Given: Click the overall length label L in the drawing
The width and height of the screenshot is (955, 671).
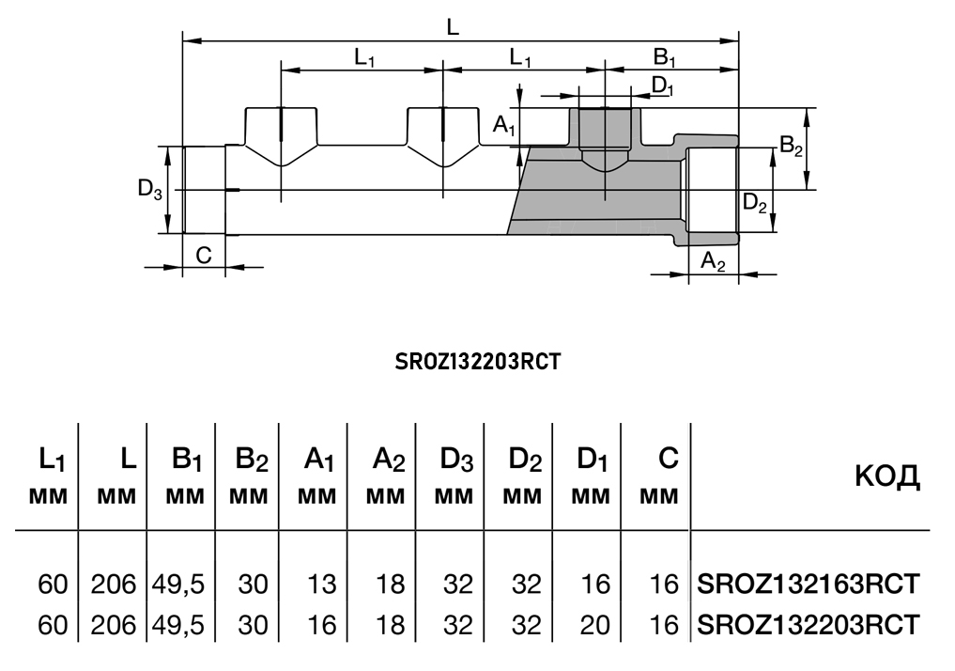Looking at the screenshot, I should coord(453,27).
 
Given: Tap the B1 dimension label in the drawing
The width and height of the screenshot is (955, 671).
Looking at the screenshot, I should coord(665,58).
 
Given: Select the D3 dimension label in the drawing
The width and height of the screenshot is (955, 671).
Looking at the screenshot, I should coord(150,189).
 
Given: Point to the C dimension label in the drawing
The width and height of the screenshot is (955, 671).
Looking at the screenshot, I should coord(204,255).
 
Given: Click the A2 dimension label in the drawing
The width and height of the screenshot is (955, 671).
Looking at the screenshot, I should coord(714,262).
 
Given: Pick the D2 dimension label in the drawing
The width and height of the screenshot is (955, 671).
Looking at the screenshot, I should coord(755,201).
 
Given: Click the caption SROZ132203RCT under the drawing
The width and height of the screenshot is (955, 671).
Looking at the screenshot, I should coord(477,362).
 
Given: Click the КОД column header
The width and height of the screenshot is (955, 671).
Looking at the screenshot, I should coord(886,477).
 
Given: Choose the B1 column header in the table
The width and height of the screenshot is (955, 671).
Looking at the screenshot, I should coord(188,460).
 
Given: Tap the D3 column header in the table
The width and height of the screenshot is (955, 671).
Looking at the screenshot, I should coord(457,460).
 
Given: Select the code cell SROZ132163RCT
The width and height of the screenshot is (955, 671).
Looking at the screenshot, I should coord(808,585).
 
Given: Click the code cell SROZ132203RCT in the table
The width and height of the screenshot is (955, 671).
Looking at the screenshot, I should coord(808,624).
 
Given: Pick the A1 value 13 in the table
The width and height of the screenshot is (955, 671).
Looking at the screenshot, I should coord(321,585).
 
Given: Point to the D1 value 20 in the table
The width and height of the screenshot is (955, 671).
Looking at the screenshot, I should coord(594,624).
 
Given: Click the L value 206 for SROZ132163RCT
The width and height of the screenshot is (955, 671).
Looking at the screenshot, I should coord(114,585).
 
